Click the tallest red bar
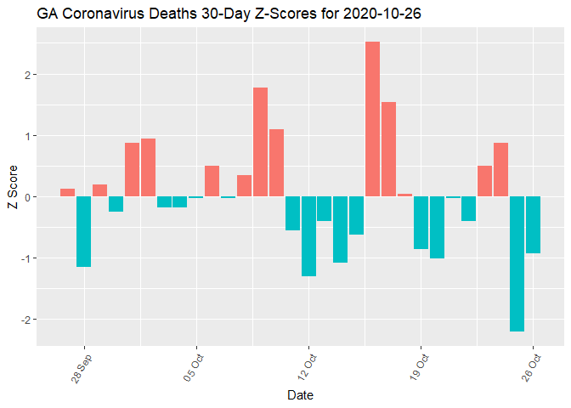pyautogui.click(x=372, y=119)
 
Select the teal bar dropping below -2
pyautogui.click(x=517, y=263)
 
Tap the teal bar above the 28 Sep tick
pyautogui.click(x=83, y=231)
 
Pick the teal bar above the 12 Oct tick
pyautogui.click(x=308, y=236)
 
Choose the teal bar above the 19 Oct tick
pyautogui.click(x=421, y=223)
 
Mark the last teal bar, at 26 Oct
pyautogui.click(x=533, y=224)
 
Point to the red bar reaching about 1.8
pyautogui.click(x=260, y=142)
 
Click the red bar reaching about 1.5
pyautogui.click(x=388, y=149)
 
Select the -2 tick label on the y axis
pyautogui.click(x=25, y=320)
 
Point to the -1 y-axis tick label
pyautogui.click(x=25, y=258)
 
